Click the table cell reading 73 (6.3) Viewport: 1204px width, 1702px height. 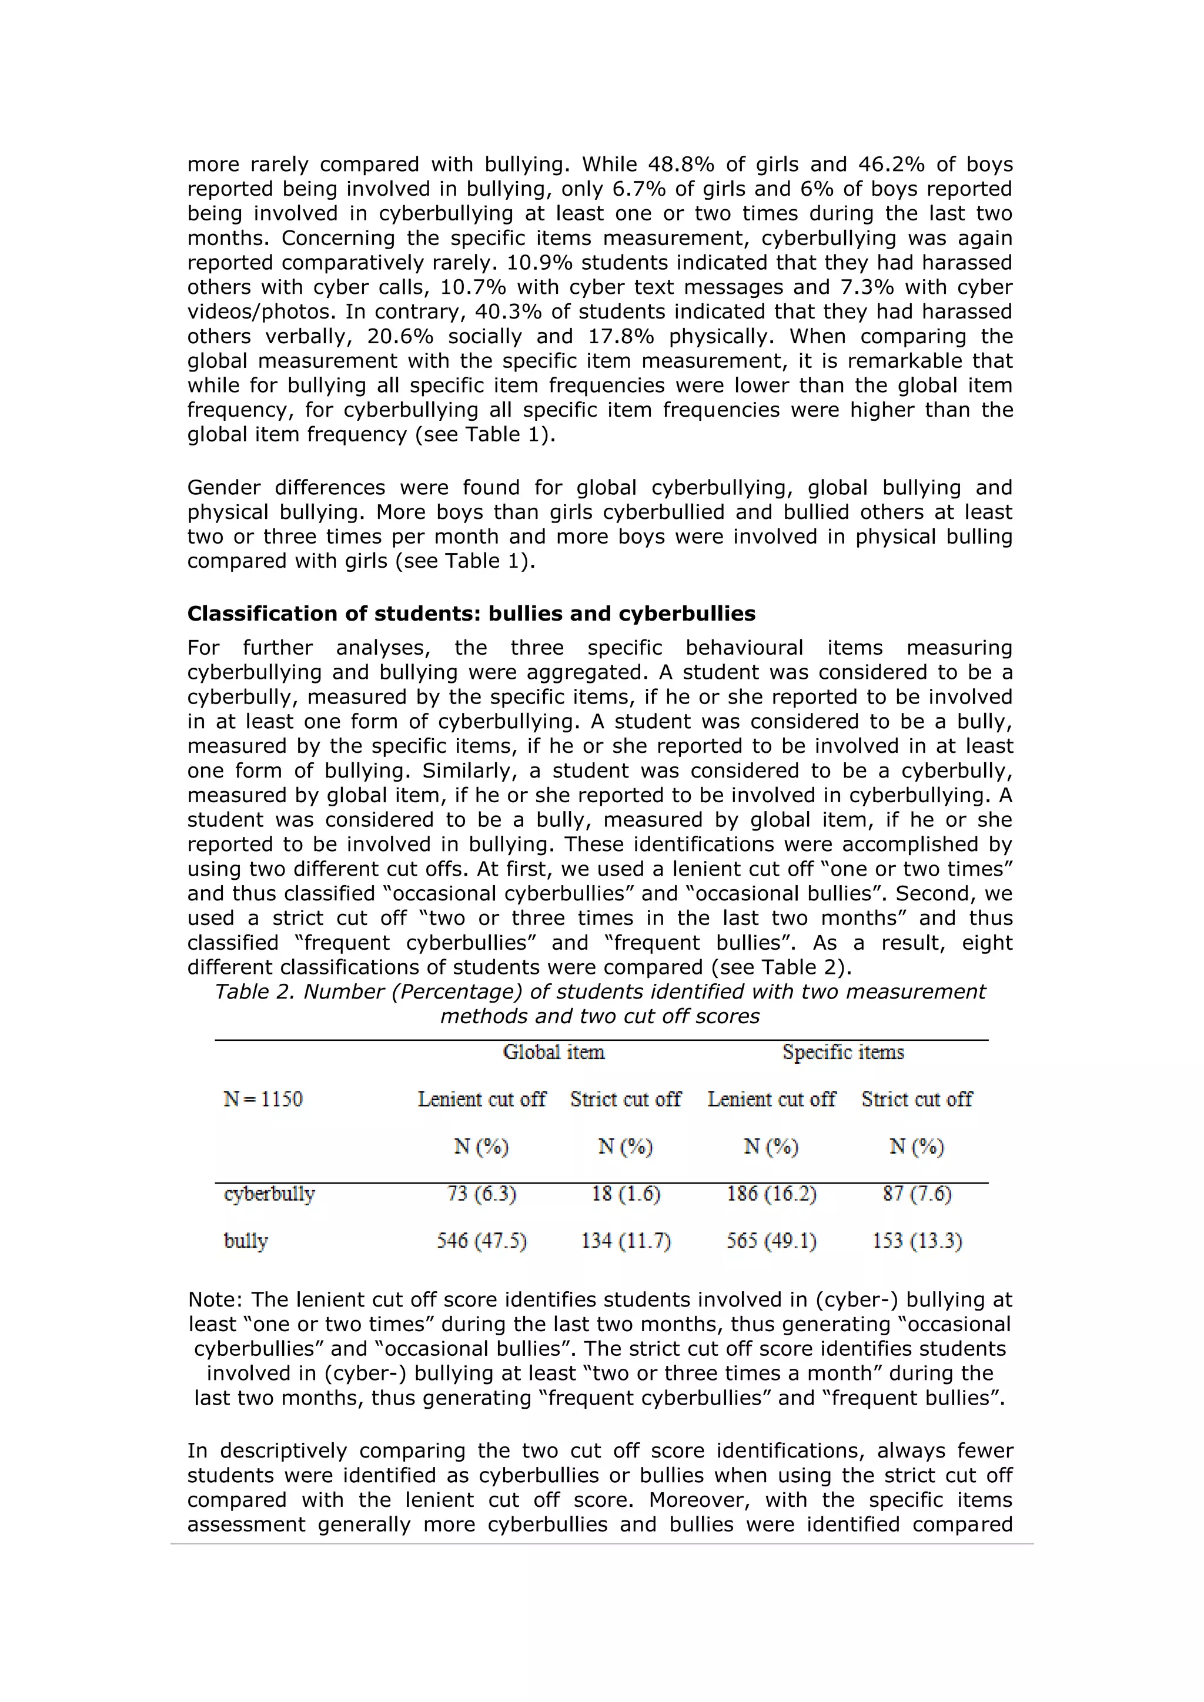481,1194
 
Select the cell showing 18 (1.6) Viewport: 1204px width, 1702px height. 625,1194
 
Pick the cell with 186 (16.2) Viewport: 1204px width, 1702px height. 771,1194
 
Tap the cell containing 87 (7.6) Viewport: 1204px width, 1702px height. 917,1194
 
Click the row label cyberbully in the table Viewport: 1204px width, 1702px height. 269,1194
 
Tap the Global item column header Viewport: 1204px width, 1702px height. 553,1052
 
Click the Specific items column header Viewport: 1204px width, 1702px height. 843,1052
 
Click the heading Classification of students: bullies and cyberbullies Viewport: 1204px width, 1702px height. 471,614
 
